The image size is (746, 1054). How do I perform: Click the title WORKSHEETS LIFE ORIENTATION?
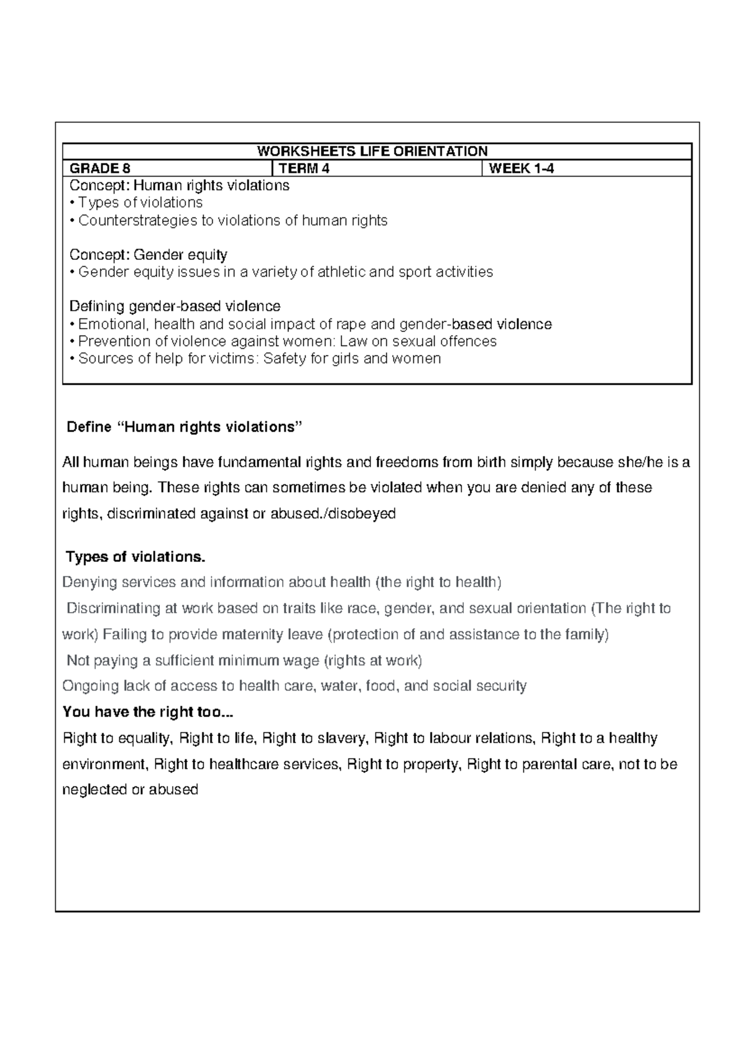coord(372,151)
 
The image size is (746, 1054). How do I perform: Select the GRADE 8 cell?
coord(100,168)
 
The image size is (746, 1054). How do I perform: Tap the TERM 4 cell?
coord(304,168)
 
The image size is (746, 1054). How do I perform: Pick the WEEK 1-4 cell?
coord(521,168)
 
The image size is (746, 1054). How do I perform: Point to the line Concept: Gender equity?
coord(148,255)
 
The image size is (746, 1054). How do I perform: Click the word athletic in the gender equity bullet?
coord(341,272)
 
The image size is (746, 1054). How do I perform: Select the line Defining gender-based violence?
coord(175,306)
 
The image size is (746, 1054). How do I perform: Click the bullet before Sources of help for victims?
coord(73,359)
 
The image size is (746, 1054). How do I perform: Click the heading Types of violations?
coord(135,557)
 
